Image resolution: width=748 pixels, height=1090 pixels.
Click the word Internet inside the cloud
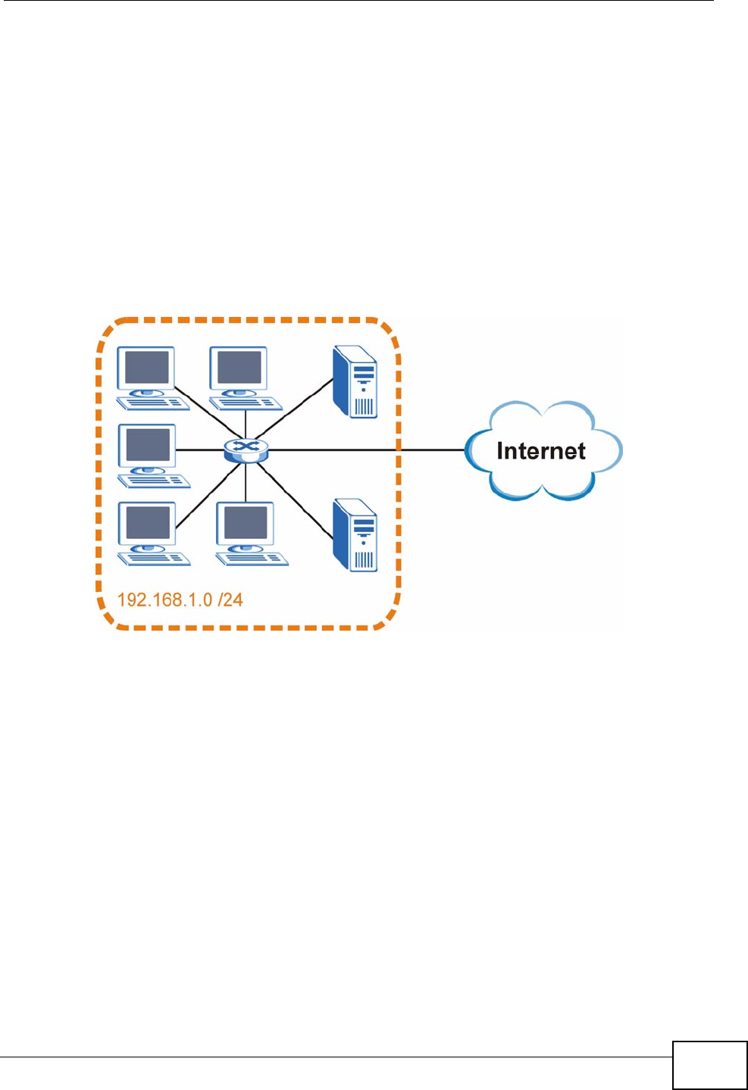click(540, 451)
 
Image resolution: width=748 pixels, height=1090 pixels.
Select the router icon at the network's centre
click(246, 450)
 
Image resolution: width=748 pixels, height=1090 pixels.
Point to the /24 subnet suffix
click(230, 600)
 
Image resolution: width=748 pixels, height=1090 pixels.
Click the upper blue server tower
click(355, 382)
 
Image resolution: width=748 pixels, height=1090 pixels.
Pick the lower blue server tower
click(355, 535)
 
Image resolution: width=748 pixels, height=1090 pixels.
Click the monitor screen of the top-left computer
click(146, 368)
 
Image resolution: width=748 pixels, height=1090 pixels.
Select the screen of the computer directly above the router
click(239, 368)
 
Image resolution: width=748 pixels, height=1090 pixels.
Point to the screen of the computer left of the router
click(148, 445)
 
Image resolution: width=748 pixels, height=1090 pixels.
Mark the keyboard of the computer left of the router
click(155, 481)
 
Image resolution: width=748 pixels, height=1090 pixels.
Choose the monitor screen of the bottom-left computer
click(148, 522)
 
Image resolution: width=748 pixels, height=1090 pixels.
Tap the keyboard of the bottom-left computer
click(155, 559)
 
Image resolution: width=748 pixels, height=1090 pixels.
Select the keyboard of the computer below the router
click(252, 559)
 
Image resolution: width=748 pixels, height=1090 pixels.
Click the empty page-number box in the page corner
click(709, 1065)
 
